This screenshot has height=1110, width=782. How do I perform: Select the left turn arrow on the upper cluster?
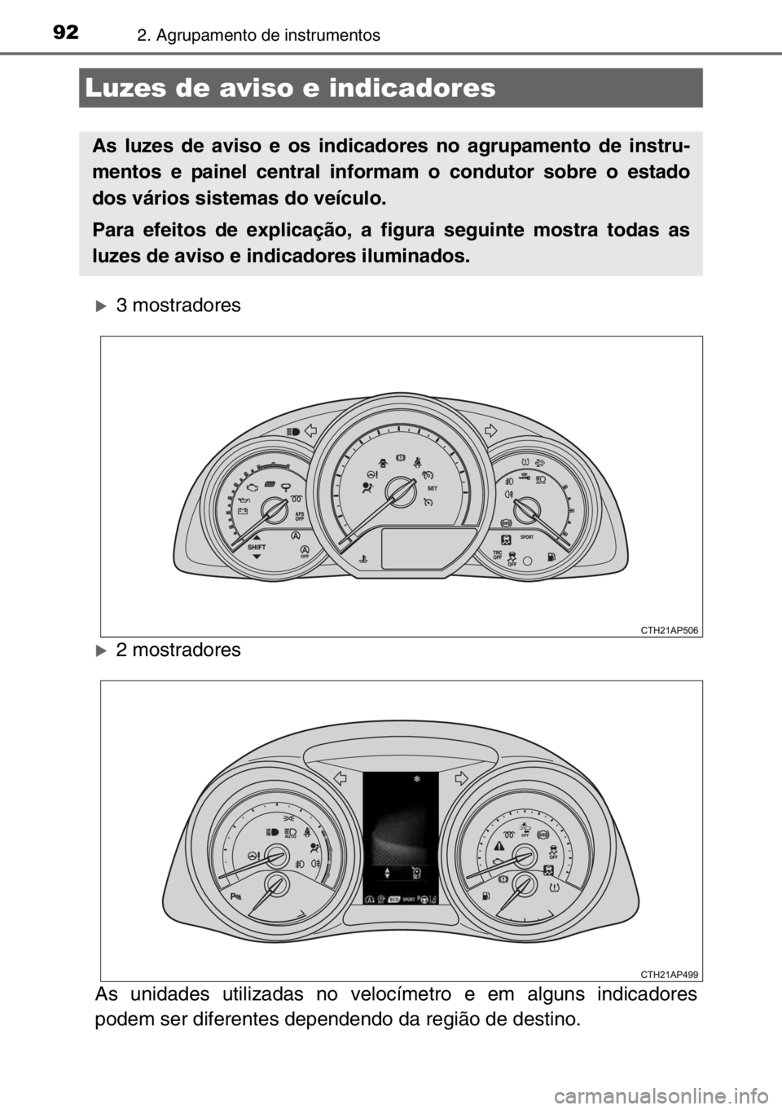[x=310, y=433]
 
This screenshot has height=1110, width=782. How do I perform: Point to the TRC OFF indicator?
[x=498, y=555]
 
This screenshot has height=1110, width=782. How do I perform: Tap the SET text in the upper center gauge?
[x=433, y=487]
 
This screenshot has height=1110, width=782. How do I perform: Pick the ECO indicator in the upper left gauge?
[x=269, y=484]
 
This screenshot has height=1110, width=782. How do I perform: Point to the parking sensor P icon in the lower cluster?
[x=236, y=896]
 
